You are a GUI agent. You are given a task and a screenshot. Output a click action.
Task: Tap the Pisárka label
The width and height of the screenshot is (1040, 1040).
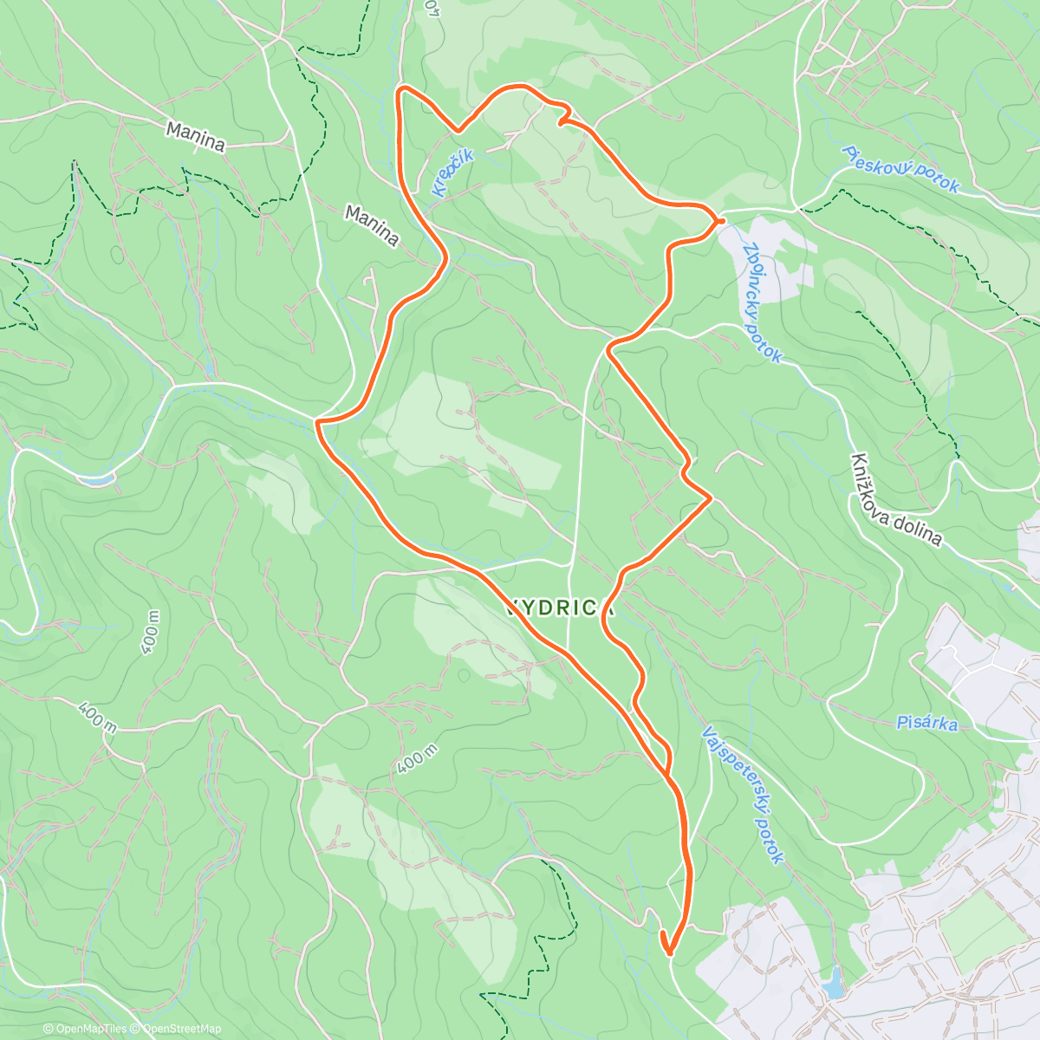(926, 721)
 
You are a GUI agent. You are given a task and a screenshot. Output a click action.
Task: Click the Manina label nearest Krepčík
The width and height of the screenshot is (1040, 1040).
(372, 224)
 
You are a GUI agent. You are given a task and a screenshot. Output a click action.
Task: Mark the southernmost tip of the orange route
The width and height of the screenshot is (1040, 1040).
(669, 954)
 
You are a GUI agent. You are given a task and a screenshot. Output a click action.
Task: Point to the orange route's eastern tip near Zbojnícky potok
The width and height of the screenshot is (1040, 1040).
(720, 221)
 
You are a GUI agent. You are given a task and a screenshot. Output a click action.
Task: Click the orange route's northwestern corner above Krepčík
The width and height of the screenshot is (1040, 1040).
(400, 89)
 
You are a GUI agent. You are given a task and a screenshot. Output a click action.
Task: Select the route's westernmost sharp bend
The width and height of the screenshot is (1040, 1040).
(318, 422)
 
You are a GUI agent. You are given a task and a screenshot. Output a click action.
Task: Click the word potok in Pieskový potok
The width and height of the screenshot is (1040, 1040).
(934, 180)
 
